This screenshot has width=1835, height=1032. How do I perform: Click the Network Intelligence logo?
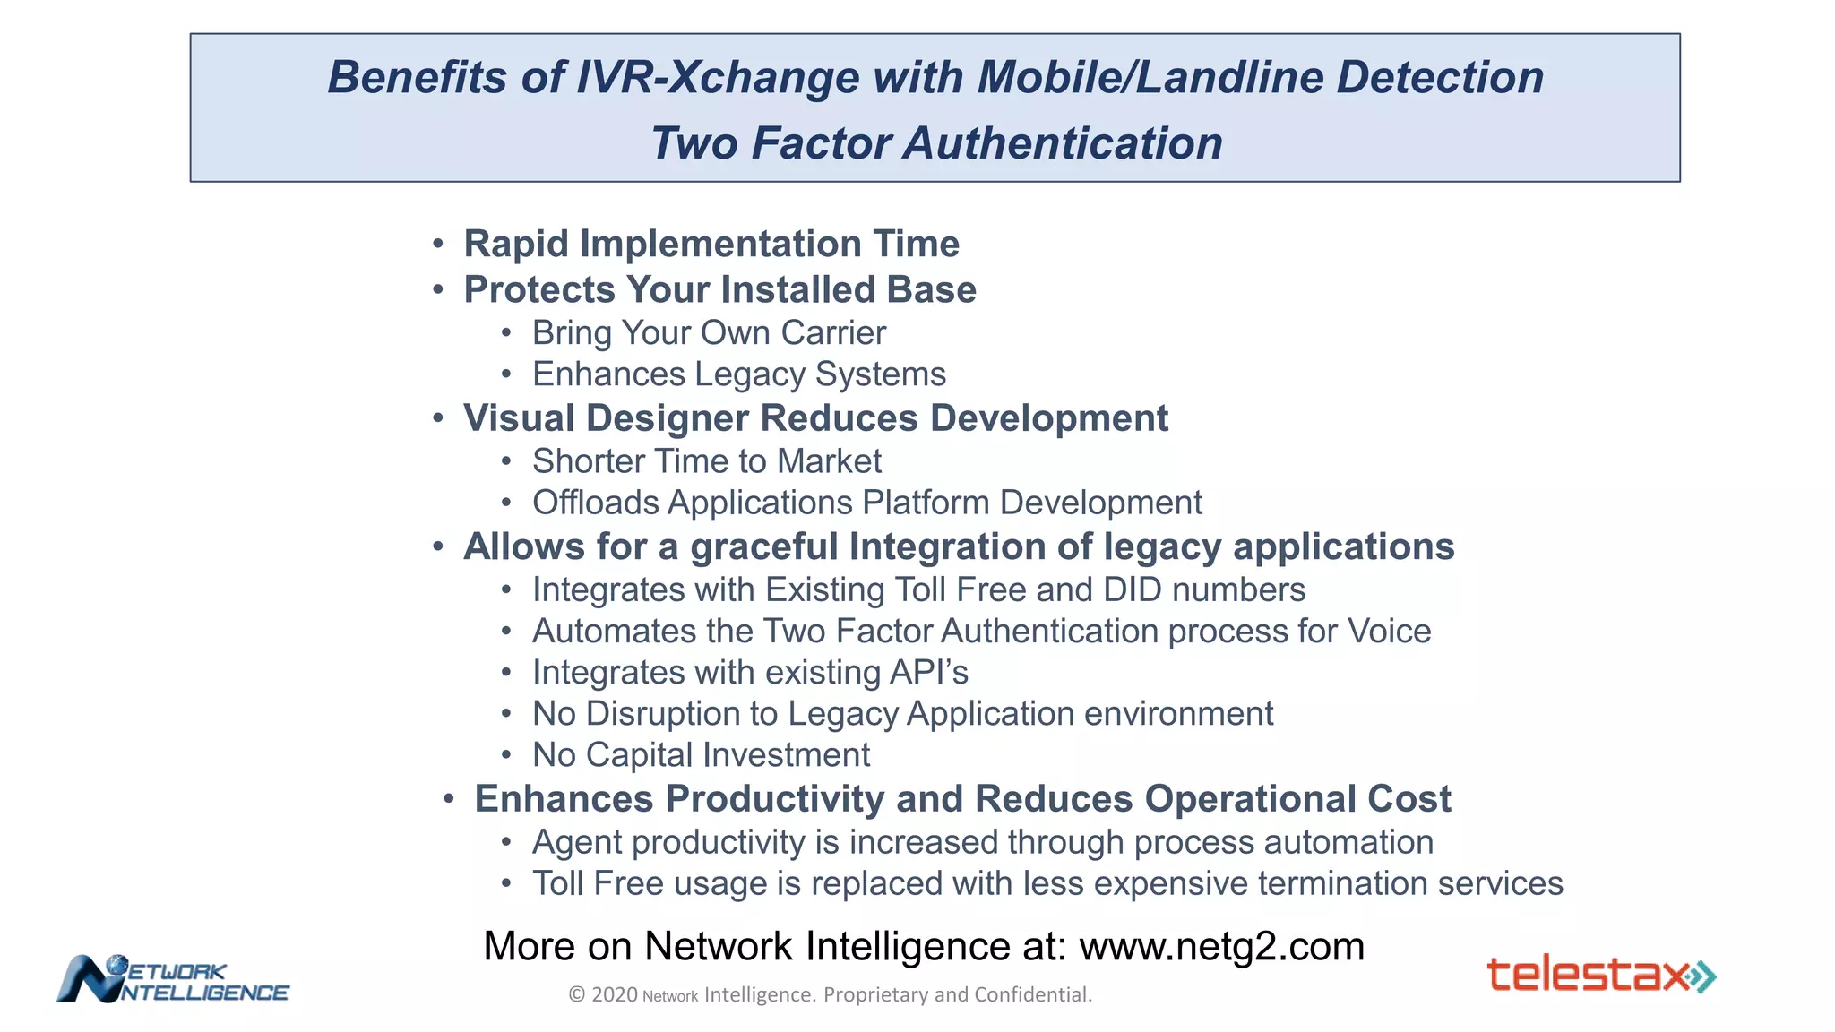coord(172,979)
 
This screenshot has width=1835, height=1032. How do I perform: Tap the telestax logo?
coord(1600,975)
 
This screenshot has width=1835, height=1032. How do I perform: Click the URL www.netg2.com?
coord(1221,947)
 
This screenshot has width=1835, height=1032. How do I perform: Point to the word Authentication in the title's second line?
coord(1063,143)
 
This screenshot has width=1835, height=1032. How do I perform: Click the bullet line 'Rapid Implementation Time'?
coord(711,244)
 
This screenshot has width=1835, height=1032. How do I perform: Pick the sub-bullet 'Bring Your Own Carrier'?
coord(708,332)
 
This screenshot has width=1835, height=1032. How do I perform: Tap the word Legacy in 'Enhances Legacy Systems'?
coord(749,374)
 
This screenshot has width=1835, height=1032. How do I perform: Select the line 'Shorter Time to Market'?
coord(706,461)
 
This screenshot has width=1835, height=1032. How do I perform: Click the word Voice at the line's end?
coord(1389,631)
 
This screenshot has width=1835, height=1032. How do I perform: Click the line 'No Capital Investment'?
coord(701,754)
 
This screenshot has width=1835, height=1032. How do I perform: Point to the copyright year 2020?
coord(615,994)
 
